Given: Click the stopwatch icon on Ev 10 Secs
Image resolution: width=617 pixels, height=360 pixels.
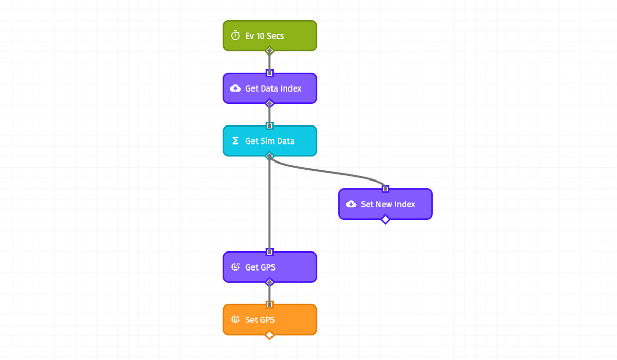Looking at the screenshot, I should [235, 35].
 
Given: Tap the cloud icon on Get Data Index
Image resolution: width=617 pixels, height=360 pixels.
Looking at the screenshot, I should [235, 88].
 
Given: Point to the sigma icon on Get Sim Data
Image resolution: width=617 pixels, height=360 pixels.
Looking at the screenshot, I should [235, 141].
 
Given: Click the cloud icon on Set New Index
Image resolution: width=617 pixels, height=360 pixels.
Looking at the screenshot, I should [351, 204].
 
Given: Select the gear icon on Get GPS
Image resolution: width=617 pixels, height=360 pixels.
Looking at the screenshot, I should [235, 267].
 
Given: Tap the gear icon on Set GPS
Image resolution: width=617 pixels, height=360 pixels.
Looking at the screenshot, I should [235, 320].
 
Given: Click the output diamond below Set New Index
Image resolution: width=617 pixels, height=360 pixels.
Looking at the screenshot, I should [385, 220].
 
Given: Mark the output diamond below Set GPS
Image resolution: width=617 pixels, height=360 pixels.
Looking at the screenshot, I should [269, 335].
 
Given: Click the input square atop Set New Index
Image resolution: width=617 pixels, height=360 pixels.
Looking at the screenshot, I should [385, 189].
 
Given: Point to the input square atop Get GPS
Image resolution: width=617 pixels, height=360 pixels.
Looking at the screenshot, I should [269, 252].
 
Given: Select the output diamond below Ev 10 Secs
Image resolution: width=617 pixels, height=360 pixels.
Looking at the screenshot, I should [269, 51].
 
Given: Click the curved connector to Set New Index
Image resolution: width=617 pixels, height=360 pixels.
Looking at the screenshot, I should [329, 172].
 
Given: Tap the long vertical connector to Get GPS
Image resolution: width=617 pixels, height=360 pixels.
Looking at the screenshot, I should [269, 206].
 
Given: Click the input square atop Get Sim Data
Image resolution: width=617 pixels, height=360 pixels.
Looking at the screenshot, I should [269, 125].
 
